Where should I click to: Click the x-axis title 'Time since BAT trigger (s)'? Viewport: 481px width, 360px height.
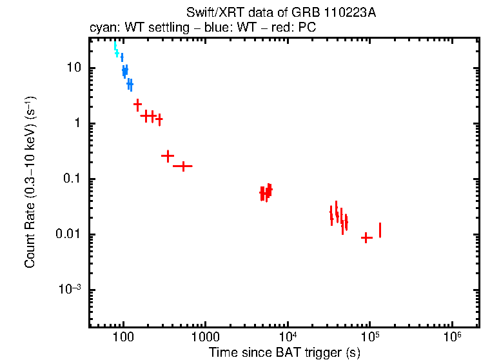(284, 352)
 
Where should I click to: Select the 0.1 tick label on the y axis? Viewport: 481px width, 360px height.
(71, 179)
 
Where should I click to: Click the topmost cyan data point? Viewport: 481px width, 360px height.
(115, 46)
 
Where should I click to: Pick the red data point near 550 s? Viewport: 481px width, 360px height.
(183, 166)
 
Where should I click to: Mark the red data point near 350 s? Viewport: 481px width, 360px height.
(168, 155)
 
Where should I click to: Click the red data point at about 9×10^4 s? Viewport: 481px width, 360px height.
(366, 237)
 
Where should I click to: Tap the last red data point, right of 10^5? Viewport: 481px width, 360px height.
(380, 230)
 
